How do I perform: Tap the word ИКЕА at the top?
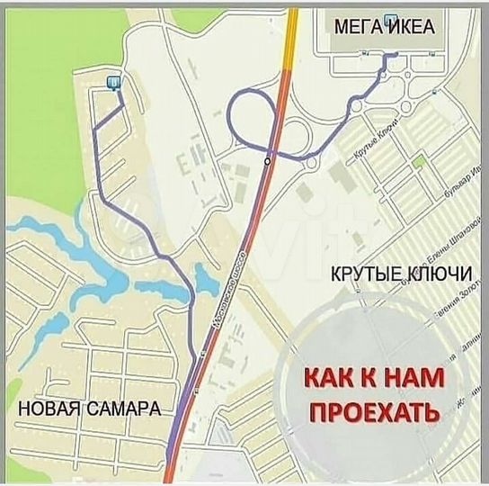point(411,28)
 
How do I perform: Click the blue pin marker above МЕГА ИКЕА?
point(388,18)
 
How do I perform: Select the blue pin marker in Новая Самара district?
point(113,82)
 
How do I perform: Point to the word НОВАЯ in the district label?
point(50,409)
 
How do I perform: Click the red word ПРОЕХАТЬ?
point(375,413)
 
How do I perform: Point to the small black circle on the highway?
point(267,160)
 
